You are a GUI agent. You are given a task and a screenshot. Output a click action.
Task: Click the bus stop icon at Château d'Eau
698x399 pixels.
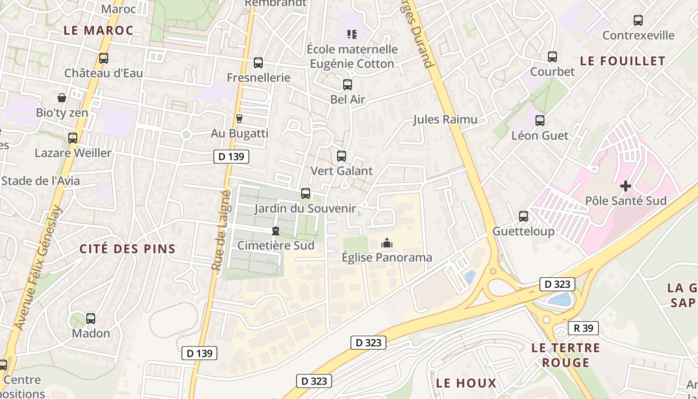point(104,58)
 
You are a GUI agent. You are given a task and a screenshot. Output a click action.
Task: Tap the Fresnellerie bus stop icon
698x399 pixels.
point(258,63)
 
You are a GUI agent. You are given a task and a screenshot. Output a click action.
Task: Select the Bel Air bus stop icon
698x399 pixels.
point(348,85)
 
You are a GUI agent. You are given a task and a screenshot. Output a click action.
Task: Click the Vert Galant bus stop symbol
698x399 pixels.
point(342,156)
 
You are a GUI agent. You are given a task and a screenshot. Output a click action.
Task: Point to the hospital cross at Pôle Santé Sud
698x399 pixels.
point(626,187)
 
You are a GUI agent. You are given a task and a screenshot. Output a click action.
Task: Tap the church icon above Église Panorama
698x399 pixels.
point(386,243)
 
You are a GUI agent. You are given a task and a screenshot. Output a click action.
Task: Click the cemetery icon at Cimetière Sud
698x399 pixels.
point(275,231)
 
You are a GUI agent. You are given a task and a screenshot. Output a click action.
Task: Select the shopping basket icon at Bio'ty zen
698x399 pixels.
point(62,98)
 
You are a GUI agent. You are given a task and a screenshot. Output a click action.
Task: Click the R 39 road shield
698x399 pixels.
point(583,328)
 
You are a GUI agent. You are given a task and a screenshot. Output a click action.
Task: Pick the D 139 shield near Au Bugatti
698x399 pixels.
point(231,157)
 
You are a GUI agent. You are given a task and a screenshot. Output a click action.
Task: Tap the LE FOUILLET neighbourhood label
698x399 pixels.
point(623,61)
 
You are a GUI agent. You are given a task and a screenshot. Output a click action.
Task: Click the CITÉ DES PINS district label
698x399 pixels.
point(128,249)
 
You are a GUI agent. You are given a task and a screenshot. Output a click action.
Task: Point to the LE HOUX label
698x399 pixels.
point(466,383)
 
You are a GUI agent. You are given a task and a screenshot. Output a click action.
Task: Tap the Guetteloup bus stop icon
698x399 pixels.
point(523,216)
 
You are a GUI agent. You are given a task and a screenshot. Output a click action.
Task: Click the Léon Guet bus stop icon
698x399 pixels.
point(540,121)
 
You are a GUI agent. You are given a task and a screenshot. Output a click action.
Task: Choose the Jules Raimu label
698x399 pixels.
point(445,119)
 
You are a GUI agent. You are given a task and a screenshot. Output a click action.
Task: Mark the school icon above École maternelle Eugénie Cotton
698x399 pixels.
point(352,34)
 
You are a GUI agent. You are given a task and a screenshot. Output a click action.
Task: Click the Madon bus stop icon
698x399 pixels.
point(91,318)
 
